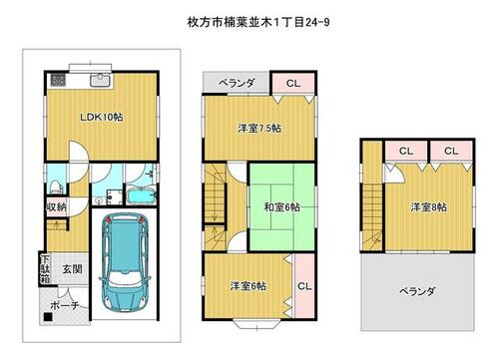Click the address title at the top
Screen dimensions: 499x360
tap(258, 22)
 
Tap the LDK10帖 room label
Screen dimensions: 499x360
tap(102, 117)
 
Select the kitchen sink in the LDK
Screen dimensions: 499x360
tap(100, 80)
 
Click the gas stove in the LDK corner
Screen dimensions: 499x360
tap(57, 80)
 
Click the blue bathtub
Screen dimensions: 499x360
tap(141, 196)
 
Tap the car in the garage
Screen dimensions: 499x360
tap(125, 262)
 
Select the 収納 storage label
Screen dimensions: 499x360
tap(57, 206)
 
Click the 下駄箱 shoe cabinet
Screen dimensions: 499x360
tap(45, 268)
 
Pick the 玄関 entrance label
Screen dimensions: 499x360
tap(72, 268)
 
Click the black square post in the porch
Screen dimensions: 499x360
tap(48, 317)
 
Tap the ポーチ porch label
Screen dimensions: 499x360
tap(65, 305)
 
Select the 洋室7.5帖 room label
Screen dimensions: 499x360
tap(259, 128)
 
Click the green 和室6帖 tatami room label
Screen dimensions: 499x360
tap(281, 207)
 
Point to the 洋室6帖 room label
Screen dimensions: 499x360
tap(249, 286)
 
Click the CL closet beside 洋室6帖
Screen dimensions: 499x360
tap(304, 286)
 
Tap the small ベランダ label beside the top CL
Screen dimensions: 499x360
tap(237, 83)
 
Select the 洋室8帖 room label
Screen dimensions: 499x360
tap(428, 207)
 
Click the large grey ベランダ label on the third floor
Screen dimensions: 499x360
tap(417, 292)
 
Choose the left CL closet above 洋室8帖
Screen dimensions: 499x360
tap(406, 151)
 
